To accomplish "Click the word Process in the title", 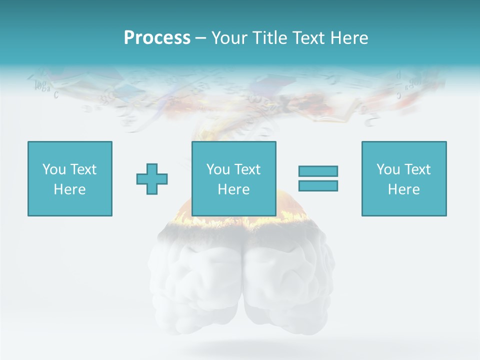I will click(157, 38).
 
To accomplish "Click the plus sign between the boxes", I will click(152, 178).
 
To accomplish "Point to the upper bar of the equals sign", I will click(318, 171).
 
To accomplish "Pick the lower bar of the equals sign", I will click(318, 185).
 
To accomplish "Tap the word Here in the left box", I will click(70, 189).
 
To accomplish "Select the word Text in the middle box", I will click(247, 169).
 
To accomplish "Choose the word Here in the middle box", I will click(234, 189).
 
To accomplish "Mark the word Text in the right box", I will click(417, 169).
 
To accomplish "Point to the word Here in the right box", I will click(404, 189).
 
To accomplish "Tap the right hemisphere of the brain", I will click(285, 275).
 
